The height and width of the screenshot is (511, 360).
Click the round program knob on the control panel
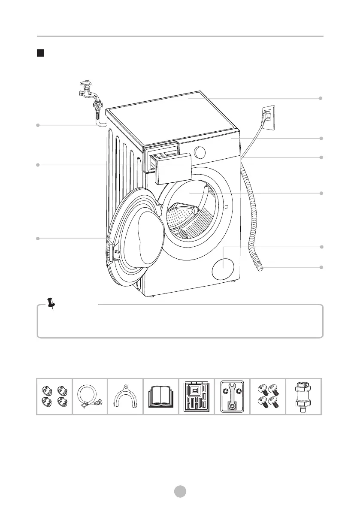pos(200,152)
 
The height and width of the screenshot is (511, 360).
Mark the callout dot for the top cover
pos(321,98)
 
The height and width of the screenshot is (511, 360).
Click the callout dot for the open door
pos(38,238)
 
